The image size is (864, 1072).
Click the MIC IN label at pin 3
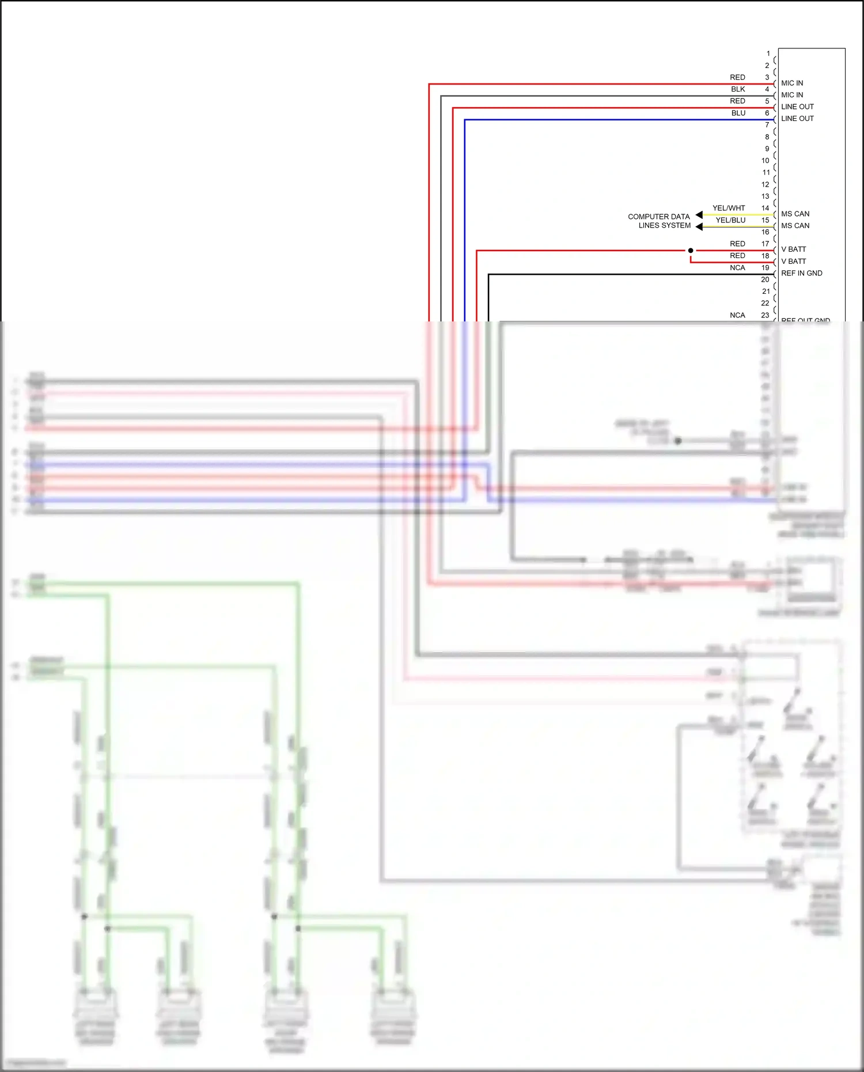pos(792,83)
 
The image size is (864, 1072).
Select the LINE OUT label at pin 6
pos(797,119)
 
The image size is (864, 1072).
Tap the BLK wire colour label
pos(738,89)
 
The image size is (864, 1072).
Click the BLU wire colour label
pos(738,113)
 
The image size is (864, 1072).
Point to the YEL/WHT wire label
pos(729,208)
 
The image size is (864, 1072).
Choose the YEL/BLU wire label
pos(730,220)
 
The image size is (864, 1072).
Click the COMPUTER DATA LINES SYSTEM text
pos(659,221)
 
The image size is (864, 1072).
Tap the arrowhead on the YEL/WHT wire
pos(699,215)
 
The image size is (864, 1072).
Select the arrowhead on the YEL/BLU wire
pos(699,227)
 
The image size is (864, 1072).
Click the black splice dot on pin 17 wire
pos(691,251)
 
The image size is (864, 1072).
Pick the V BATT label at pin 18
pos(794,262)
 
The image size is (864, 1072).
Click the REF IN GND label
pos(801,273)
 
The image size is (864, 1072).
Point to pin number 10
pos(765,161)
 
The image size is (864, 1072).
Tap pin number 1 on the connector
pos(768,54)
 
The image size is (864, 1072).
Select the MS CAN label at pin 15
pos(795,226)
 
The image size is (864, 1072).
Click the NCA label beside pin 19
pos(737,268)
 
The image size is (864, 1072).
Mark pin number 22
pos(765,303)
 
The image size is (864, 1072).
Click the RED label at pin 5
pos(737,101)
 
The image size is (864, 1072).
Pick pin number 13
pos(765,196)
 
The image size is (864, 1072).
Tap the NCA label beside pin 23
pos(737,315)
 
